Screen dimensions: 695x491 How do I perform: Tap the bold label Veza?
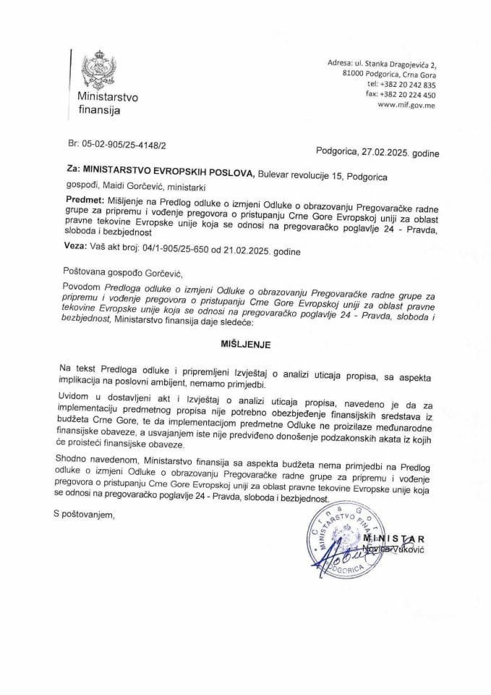pos(76,250)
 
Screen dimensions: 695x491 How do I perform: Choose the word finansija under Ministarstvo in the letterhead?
pos(100,111)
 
